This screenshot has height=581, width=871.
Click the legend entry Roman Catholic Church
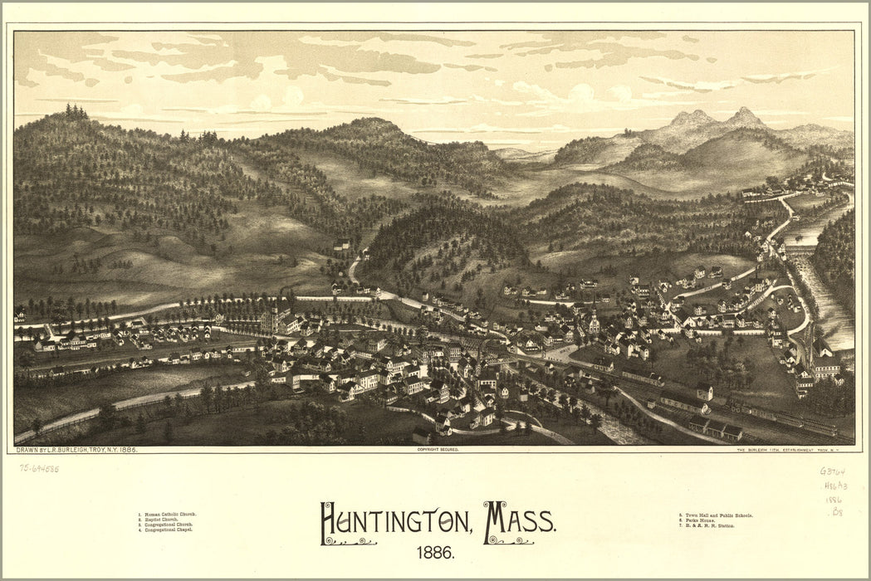coord(169,515)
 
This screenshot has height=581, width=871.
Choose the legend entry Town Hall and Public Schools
coord(715,515)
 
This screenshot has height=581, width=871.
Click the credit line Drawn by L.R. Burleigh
coord(76,449)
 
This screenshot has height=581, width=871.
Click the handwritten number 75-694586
coord(39,468)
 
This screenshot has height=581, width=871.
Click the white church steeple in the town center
coord(593,320)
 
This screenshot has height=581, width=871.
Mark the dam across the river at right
coord(799,249)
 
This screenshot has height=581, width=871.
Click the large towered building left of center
coord(276,320)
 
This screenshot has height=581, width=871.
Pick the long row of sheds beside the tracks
coord(710,428)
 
